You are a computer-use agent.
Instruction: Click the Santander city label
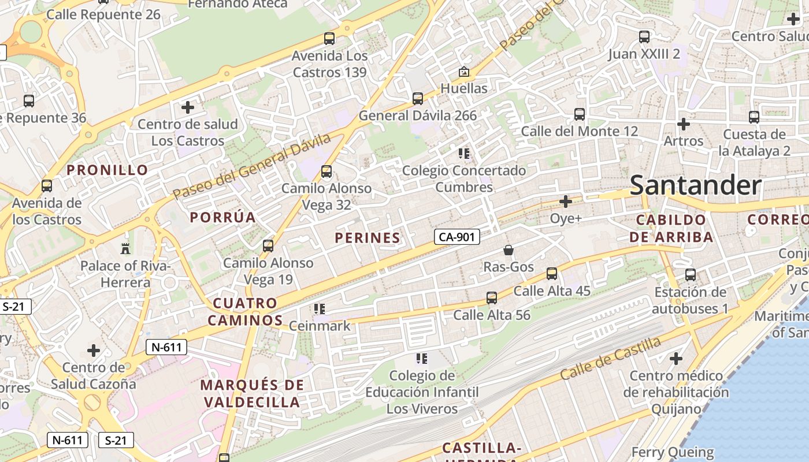[x=695, y=185]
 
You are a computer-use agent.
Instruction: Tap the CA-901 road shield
[x=457, y=237]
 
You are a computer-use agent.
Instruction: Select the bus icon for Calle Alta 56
[x=492, y=298]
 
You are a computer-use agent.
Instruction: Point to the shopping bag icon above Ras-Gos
[x=509, y=250]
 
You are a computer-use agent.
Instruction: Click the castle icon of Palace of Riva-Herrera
[x=125, y=249]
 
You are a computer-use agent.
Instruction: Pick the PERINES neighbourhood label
[x=368, y=237]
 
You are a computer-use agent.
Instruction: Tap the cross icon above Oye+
[x=566, y=202]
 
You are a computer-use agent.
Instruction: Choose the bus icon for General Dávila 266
[x=418, y=99]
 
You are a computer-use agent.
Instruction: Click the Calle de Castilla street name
[x=610, y=358]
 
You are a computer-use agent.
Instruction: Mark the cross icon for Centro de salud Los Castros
[x=188, y=107]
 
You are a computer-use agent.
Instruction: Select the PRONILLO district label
[x=107, y=170]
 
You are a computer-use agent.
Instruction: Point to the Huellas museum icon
[x=463, y=72]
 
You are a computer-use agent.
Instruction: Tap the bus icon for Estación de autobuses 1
[x=691, y=275]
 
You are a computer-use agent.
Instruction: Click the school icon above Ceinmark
[x=320, y=309]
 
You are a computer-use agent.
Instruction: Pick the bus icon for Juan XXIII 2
[x=644, y=37]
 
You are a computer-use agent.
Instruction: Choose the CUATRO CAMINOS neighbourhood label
[x=245, y=312]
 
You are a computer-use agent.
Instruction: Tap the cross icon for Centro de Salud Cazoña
[x=94, y=351]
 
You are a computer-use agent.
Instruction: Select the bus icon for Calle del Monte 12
[x=580, y=114]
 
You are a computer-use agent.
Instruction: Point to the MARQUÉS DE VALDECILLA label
[x=252, y=393]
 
